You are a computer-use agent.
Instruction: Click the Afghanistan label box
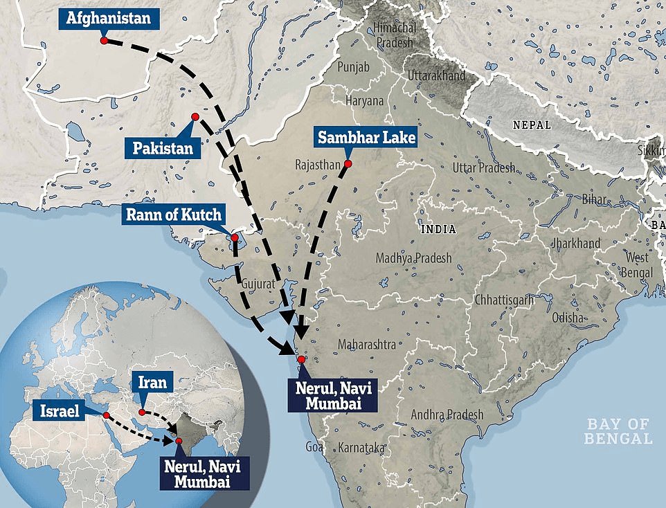click(108, 18)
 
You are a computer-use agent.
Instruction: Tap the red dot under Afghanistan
click(104, 41)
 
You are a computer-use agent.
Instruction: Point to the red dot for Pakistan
click(195, 116)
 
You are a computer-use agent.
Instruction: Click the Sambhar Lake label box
click(366, 137)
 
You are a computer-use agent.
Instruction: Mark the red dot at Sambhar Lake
click(348, 164)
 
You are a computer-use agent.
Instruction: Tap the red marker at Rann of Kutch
click(235, 238)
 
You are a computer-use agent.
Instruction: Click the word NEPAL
click(532, 125)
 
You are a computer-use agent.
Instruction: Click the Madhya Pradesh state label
click(413, 258)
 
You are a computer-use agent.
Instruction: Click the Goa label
click(314, 447)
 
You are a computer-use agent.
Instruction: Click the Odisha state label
click(569, 318)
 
